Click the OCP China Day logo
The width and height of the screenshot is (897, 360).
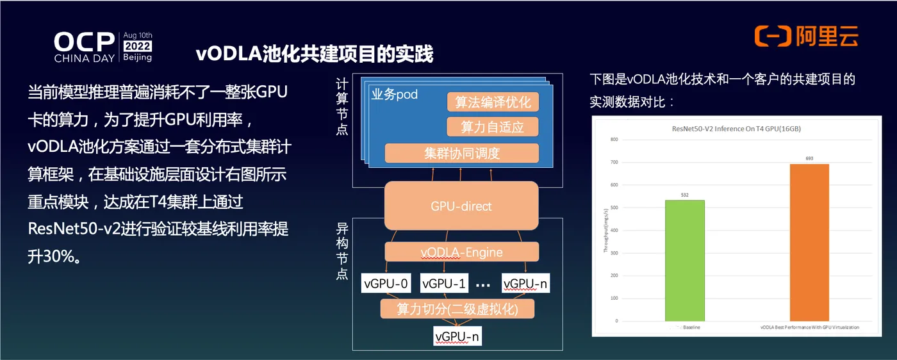(x=103, y=47)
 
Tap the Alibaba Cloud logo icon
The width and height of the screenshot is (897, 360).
(x=773, y=37)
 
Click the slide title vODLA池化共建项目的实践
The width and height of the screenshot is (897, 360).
(x=315, y=54)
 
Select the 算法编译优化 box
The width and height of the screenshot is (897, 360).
(x=493, y=102)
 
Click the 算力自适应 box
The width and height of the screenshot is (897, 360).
(x=493, y=127)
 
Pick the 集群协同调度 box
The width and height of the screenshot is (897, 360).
(x=461, y=153)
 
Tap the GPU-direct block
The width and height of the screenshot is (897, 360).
(x=461, y=206)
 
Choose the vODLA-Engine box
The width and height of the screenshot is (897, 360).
(x=461, y=252)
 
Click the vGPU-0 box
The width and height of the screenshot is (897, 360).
(x=386, y=283)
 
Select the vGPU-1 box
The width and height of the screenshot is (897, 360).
(x=444, y=283)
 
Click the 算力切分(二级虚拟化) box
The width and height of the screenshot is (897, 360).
(x=457, y=309)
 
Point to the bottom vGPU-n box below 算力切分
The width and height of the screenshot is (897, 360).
(x=457, y=336)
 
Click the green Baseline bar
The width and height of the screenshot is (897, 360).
(x=685, y=260)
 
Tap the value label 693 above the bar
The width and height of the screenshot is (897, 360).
(x=809, y=158)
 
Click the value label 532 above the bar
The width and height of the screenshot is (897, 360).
(x=685, y=194)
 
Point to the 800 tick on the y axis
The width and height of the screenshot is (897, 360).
(x=613, y=140)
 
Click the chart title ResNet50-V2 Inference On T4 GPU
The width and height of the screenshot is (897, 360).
(x=736, y=129)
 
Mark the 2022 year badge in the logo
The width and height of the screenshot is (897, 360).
(x=138, y=46)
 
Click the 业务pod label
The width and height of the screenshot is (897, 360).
(x=395, y=95)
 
